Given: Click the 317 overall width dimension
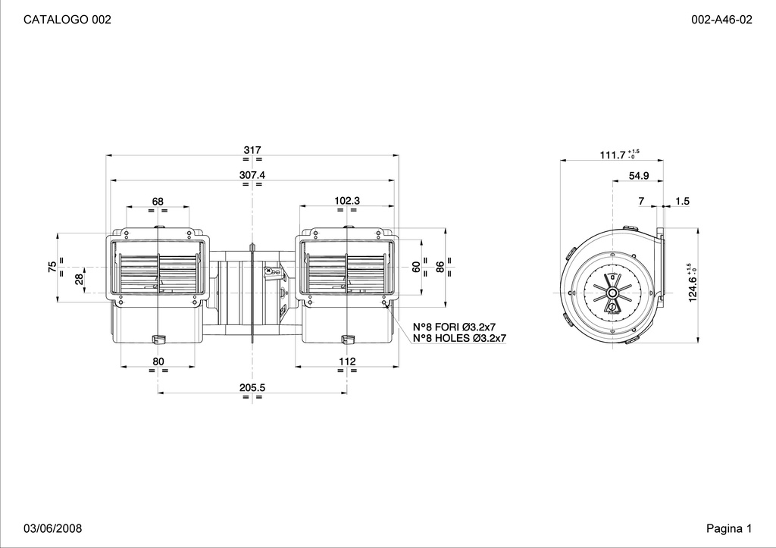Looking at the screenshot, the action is click(x=252, y=149).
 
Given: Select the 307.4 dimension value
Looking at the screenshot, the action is click(x=252, y=175).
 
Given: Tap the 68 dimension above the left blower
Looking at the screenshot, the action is click(x=158, y=201).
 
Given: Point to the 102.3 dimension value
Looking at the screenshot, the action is click(x=347, y=201).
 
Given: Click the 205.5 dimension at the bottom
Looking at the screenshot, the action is click(x=252, y=387).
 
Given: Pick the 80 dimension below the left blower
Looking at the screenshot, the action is click(x=158, y=362).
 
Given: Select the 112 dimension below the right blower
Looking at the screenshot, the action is click(x=347, y=362).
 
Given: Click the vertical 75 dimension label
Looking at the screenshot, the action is click(x=52, y=267).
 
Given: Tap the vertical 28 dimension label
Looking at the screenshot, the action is click(x=79, y=280).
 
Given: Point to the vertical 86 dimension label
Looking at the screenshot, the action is click(x=440, y=267).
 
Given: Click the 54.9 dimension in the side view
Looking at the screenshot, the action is click(x=639, y=175).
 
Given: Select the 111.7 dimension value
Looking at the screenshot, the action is click(x=612, y=155).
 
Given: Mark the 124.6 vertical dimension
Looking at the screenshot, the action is click(x=693, y=289).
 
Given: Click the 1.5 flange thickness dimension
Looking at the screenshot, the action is click(x=682, y=201).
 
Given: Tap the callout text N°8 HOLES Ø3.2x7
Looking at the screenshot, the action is click(x=460, y=338).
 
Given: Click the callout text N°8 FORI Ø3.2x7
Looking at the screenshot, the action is click(x=455, y=327).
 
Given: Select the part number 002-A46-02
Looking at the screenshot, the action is click(x=721, y=19).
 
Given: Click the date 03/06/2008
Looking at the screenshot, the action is click(x=53, y=528).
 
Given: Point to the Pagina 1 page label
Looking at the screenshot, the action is click(x=729, y=528).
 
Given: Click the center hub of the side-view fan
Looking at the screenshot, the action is click(x=612, y=293).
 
